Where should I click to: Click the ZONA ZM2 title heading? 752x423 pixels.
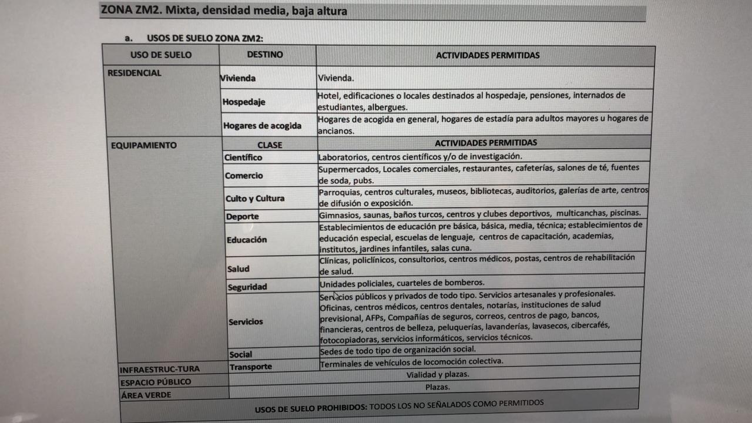[x=224, y=11]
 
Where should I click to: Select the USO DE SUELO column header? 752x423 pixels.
[x=161, y=55]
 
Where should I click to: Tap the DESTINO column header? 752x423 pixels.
[x=265, y=55]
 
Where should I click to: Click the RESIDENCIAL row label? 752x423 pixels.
[x=135, y=73]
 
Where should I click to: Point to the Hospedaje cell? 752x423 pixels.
[x=244, y=102]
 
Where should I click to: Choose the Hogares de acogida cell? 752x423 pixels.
[x=262, y=126]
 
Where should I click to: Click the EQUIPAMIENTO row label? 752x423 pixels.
[x=143, y=146]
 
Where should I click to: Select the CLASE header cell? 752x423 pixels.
[x=270, y=145]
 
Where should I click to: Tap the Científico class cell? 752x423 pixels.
[x=244, y=157]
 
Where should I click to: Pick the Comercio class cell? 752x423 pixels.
[x=244, y=176]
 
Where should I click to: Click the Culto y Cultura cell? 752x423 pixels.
[x=255, y=199]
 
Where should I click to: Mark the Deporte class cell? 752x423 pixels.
[x=243, y=217]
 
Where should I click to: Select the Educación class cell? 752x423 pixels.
[x=247, y=240]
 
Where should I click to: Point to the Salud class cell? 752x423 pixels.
[x=239, y=269]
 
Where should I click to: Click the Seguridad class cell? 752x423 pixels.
[x=247, y=287]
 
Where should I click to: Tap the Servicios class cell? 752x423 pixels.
[x=246, y=322]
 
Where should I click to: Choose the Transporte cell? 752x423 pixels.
[x=251, y=367]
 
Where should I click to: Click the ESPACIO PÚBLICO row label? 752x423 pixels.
[x=156, y=382]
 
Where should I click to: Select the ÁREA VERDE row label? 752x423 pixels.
[x=146, y=395]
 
